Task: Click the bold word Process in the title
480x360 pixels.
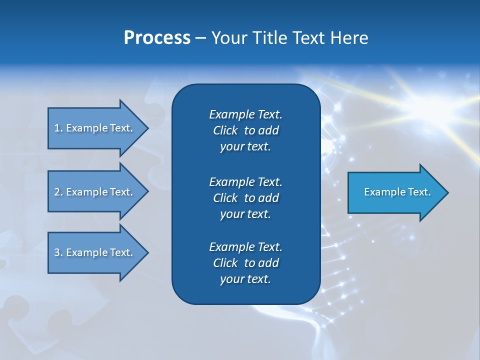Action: coord(157,38)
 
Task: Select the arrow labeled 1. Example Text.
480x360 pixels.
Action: coord(95,128)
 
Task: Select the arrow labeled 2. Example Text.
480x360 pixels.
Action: coord(95,192)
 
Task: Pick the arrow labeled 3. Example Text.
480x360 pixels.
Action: coord(95,252)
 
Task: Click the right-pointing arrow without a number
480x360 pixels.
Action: coord(395,192)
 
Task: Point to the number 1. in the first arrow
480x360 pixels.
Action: coord(58,128)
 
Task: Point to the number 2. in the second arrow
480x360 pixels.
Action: coord(58,192)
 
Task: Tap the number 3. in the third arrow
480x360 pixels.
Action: coord(58,252)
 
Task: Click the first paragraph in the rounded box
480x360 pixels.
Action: coord(245,130)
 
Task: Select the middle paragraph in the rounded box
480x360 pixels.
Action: coord(245,197)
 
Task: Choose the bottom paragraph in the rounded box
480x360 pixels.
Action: coord(245,263)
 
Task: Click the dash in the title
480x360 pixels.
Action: coord(200,38)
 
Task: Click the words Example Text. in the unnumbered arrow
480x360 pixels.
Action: coord(397,192)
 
